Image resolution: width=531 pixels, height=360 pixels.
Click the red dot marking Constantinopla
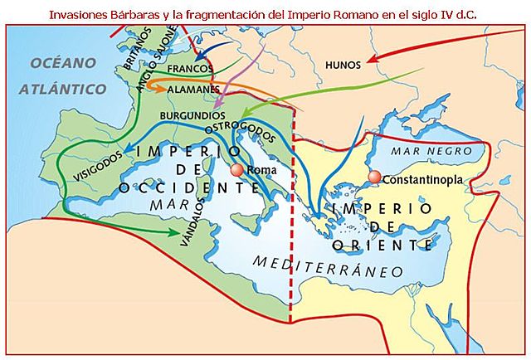375,177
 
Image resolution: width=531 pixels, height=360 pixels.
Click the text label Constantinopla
423,179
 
